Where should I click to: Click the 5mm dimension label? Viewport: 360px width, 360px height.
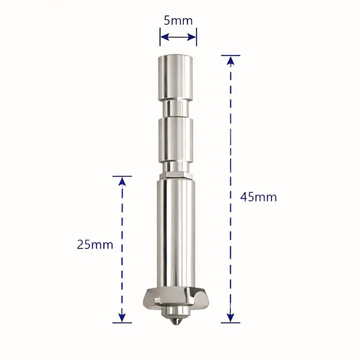point(178,20)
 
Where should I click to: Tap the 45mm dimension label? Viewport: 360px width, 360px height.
point(258,197)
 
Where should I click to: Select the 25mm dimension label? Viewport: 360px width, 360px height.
point(95,244)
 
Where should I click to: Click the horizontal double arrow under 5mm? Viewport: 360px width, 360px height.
point(178,36)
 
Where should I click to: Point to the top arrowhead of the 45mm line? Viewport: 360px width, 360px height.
point(230,60)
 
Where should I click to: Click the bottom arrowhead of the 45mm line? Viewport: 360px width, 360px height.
point(230,318)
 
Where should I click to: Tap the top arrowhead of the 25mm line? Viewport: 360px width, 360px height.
point(122,181)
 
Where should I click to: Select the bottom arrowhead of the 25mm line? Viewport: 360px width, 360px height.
point(122,318)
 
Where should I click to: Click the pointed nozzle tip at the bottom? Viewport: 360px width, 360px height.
point(175,322)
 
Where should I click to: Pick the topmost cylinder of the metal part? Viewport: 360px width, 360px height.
point(175,77)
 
